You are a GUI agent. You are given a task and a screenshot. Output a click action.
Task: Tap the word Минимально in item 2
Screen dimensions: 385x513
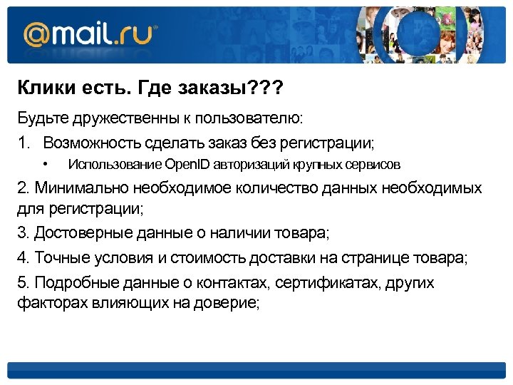77,188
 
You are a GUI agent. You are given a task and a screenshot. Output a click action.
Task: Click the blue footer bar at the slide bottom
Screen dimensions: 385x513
256,370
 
